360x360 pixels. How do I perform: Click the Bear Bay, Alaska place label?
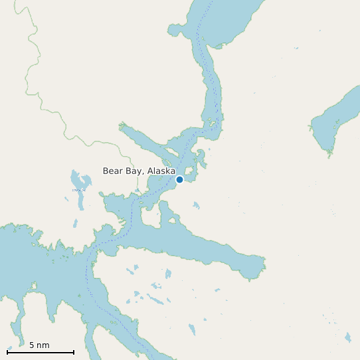coord(139,171)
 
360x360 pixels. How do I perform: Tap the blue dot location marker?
coord(179,179)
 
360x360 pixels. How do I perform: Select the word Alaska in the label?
coord(161,171)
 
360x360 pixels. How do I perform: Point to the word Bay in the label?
coord(135,171)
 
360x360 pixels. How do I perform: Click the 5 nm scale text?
coord(39,345)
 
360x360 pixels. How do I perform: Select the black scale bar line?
coord(40,352)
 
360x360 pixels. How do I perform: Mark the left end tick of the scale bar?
coord(7,351)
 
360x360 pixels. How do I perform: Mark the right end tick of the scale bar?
coord(74,351)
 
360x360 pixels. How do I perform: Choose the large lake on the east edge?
coord(335,120)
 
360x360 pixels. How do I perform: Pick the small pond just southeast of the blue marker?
coord(195,205)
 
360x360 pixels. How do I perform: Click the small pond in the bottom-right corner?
coord(347,338)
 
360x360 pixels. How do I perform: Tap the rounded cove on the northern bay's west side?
coord(175,31)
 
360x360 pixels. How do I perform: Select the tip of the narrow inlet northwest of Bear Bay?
coord(122,124)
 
